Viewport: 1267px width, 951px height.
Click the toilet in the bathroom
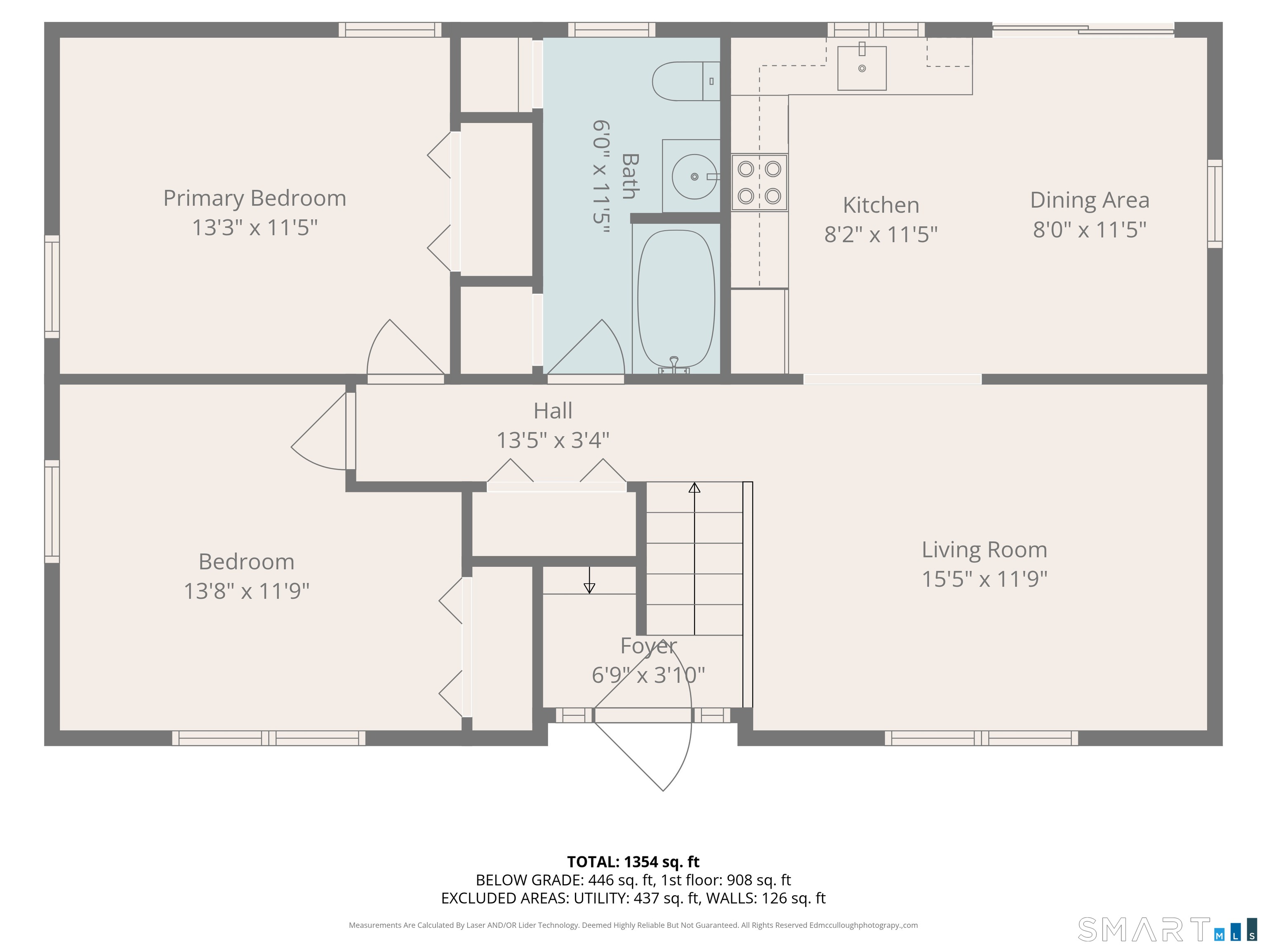[x=685, y=81]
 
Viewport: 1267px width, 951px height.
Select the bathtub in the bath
[x=676, y=298]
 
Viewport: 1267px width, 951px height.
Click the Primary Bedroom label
[x=255, y=199]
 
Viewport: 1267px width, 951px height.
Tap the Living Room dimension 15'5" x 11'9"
[x=984, y=579]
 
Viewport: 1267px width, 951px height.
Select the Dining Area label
[x=1089, y=200]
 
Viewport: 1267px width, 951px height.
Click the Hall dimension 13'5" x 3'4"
[x=553, y=440]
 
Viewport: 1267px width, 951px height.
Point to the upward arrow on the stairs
[x=694, y=488]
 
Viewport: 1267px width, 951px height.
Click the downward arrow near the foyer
[x=589, y=587]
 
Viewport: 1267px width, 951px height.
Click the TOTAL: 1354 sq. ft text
[x=633, y=861]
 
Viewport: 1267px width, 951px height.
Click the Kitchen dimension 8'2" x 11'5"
[x=881, y=234]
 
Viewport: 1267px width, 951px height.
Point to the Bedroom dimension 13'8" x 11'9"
[x=246, y=590]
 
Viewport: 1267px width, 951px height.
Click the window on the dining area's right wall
[x=1214, y=203]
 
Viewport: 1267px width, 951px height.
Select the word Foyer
[x=648, y=646]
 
